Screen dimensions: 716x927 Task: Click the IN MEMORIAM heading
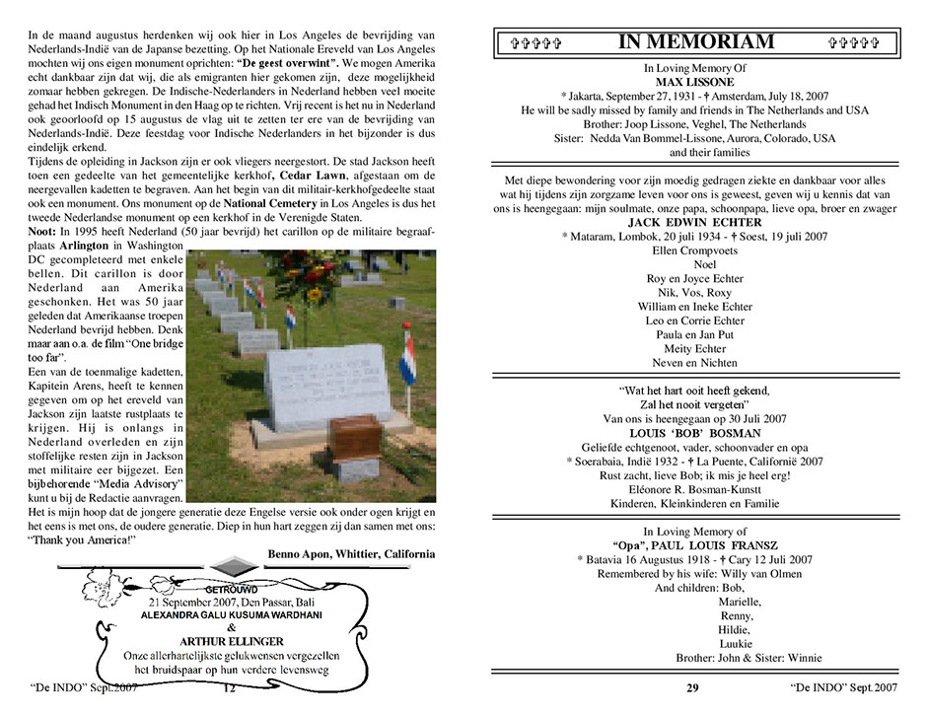click(695, 41)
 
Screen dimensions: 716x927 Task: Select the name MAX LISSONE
click(696, 82)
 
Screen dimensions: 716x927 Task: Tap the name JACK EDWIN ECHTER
click(696, 223)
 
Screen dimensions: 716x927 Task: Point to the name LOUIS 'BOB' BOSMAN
click(696, 433)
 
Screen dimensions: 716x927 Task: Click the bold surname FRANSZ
click(756, 545)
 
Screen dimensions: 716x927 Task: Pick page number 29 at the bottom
click(692, 688)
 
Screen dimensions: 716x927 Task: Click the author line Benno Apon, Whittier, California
click(351, 553)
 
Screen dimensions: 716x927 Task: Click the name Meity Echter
click(696, 348)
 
